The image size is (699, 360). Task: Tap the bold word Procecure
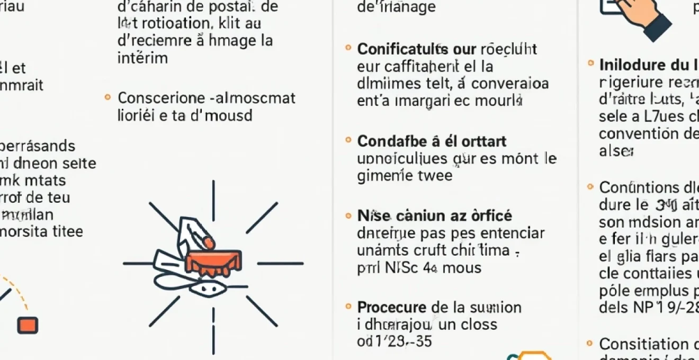point(391,307)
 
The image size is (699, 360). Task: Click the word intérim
point(142,58)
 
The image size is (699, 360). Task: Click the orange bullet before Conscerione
point(107,97)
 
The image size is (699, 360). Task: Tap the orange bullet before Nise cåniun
point(348,215)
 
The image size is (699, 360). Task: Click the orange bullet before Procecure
point(348,307)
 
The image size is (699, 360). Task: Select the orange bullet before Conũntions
point(590,187)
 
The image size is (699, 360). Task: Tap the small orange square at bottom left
point(28,325)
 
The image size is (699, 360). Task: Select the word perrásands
point(37,146)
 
